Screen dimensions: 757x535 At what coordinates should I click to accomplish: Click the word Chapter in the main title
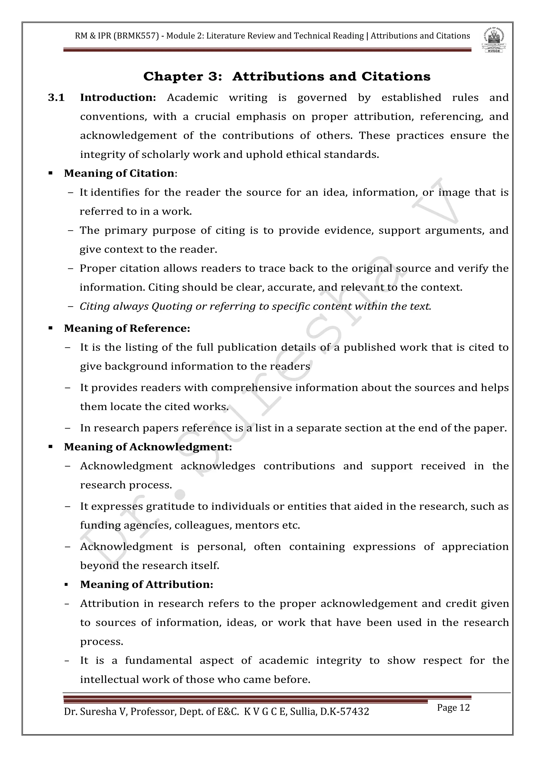(x=173, y=77)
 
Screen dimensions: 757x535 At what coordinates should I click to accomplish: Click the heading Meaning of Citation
(x=119, y=173)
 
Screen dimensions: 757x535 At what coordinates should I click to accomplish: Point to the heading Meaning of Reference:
(x=127, y=328)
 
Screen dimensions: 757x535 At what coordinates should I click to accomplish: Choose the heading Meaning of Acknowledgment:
(x=148, y=447)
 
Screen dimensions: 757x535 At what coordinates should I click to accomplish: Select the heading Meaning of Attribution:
(x=147, y=584)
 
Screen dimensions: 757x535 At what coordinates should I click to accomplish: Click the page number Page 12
(x=453, y=708)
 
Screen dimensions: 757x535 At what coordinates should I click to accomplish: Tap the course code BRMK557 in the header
(x=136, y=36)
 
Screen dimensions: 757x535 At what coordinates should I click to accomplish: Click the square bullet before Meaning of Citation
(x=50, y=173)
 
